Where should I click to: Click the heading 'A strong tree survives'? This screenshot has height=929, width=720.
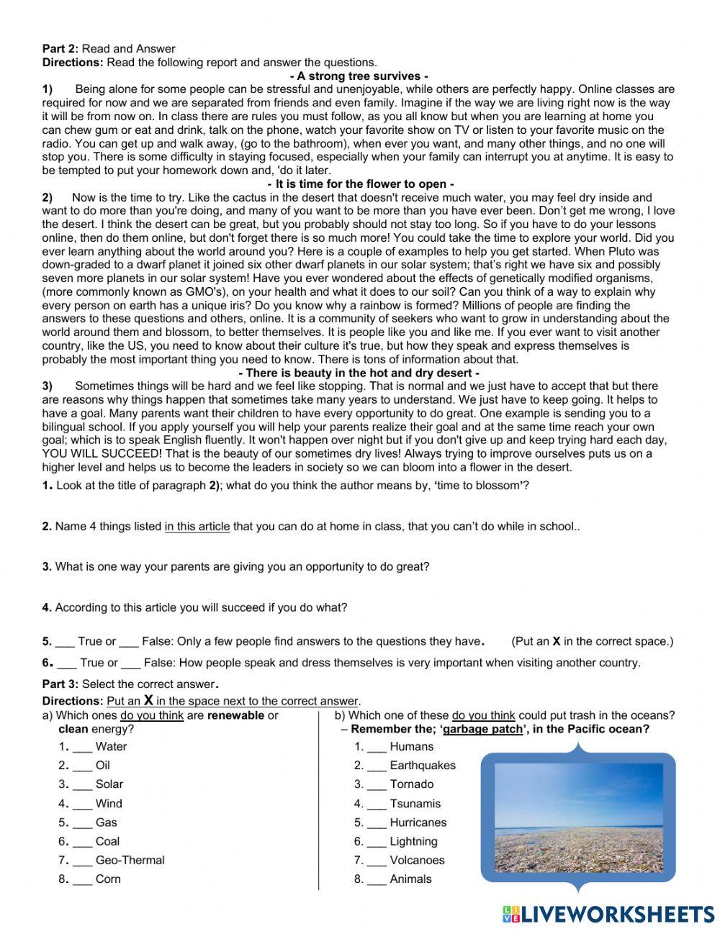359,76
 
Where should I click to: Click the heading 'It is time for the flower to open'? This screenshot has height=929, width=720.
360,184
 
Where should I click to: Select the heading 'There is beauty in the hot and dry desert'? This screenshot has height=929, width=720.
359,373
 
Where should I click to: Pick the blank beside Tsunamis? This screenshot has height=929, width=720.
377,805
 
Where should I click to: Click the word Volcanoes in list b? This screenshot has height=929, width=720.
417,860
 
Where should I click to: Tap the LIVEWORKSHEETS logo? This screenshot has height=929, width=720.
608,913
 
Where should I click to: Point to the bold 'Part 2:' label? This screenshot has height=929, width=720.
60,49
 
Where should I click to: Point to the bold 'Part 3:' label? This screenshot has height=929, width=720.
60,684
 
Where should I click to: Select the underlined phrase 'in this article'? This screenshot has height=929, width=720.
197,526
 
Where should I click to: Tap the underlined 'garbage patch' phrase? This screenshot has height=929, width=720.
482,729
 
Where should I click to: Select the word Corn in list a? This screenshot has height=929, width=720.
108,879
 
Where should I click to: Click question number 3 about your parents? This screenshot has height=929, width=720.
47,566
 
